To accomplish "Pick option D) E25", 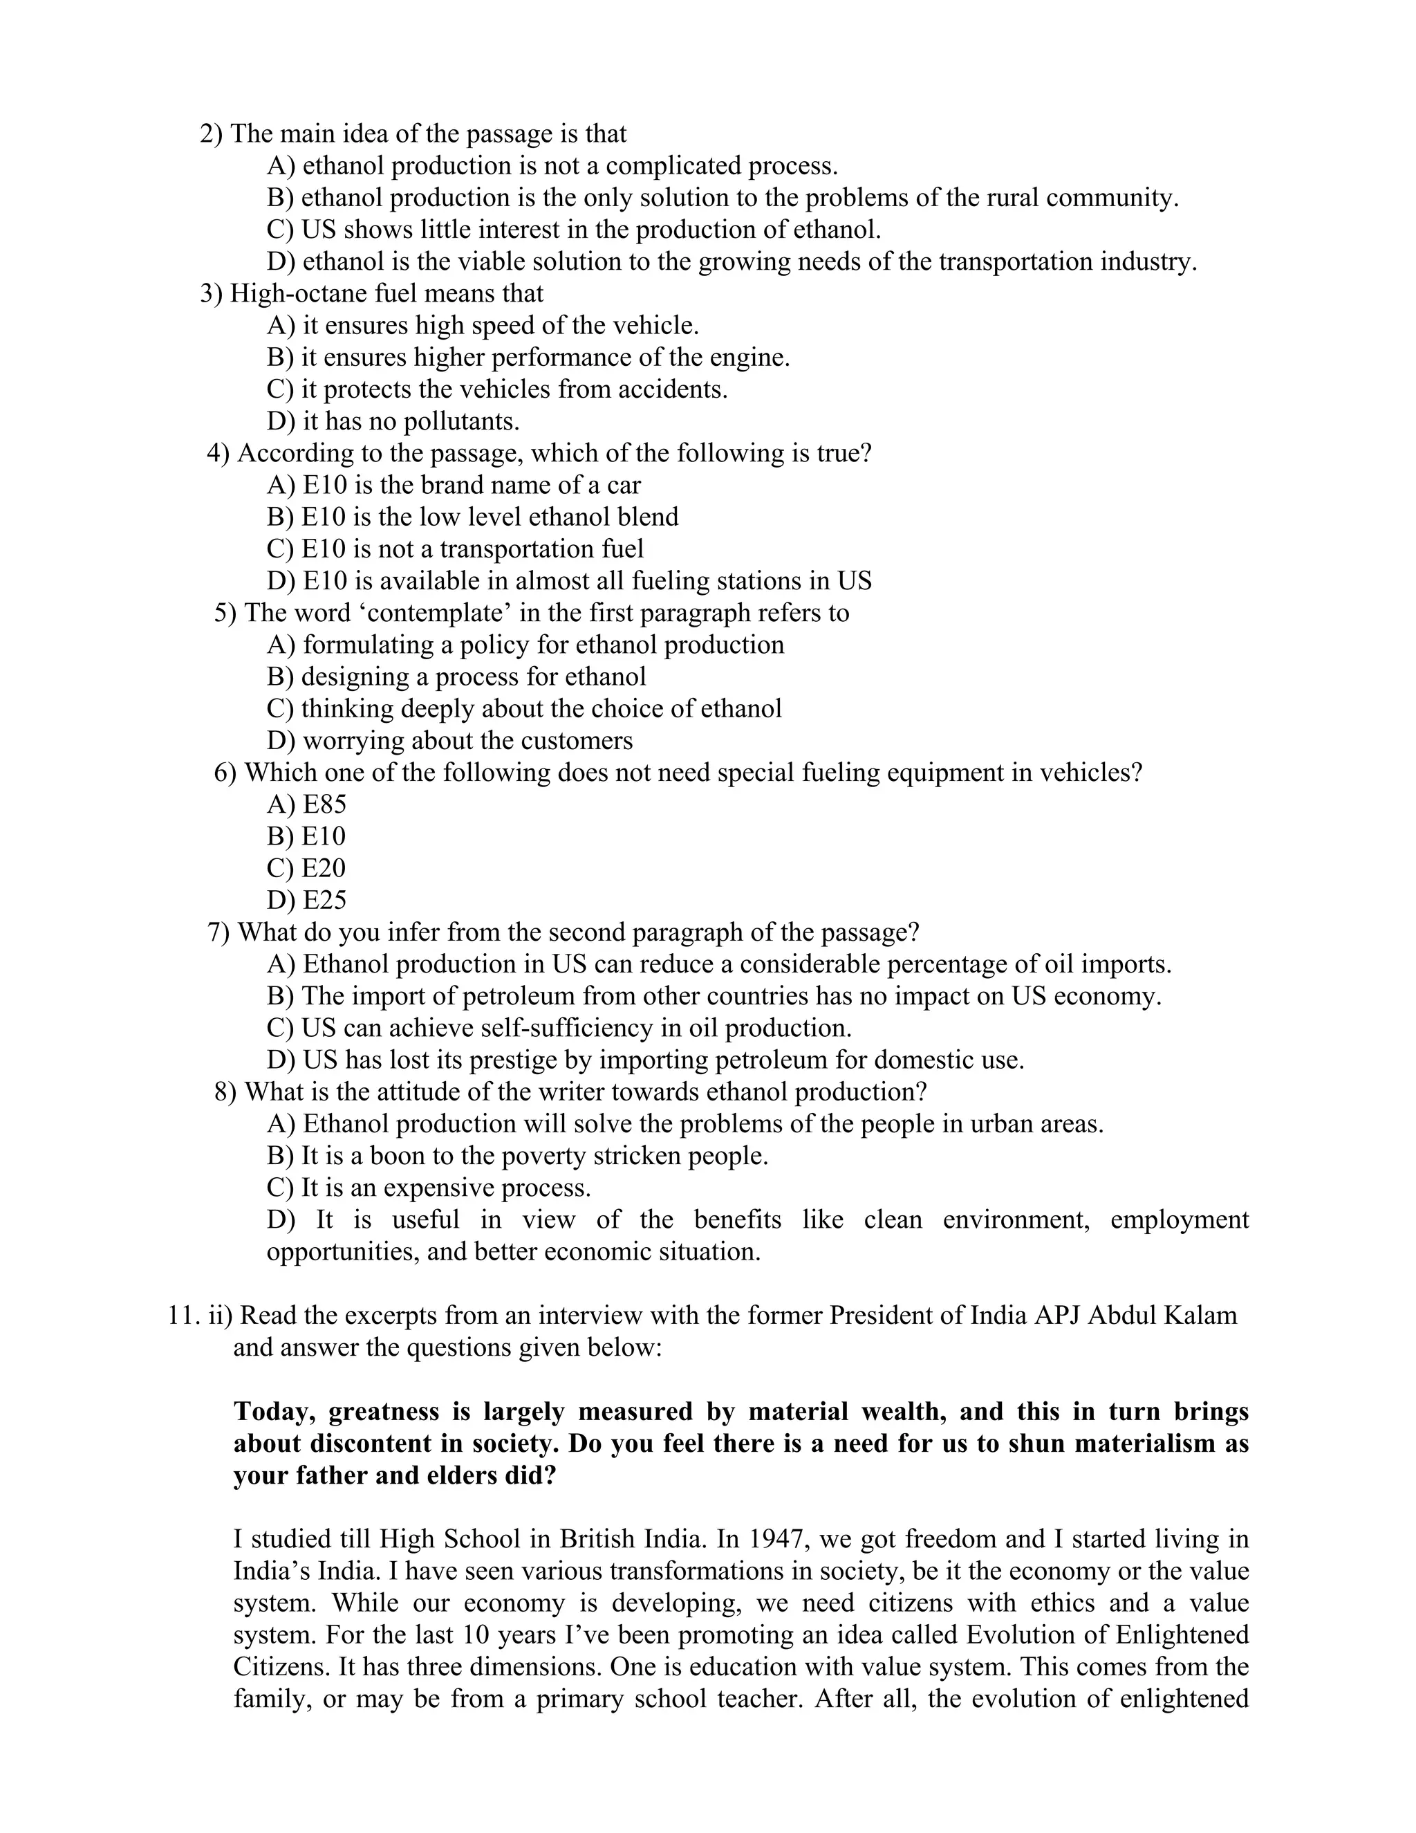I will click(x=306, y=901).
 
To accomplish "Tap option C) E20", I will click(x=306, y=869).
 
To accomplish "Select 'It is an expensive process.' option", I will click(x=429, y=1188).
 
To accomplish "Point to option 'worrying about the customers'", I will click(x=449, y=741).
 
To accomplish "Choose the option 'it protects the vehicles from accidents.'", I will click(x=497, y=389).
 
